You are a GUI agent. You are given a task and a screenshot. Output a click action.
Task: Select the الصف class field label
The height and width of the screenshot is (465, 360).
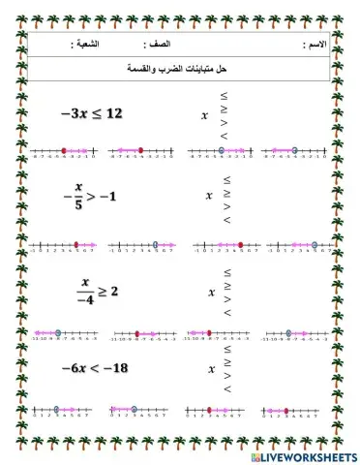(158, 46)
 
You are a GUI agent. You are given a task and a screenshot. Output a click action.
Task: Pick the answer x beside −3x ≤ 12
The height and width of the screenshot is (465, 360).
(204, 115)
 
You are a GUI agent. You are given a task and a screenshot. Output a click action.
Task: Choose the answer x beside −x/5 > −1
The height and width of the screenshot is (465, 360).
(208, 195)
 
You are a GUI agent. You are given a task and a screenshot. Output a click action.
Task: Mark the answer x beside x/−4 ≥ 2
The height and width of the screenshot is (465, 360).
(208, 288)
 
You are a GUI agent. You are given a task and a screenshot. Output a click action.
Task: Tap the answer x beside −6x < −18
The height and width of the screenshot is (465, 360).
(208, 369)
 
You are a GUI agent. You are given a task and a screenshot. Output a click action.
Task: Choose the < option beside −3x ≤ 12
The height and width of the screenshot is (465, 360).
(225, 135)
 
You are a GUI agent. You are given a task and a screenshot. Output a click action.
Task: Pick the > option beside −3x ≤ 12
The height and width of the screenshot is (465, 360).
(225, 122)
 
